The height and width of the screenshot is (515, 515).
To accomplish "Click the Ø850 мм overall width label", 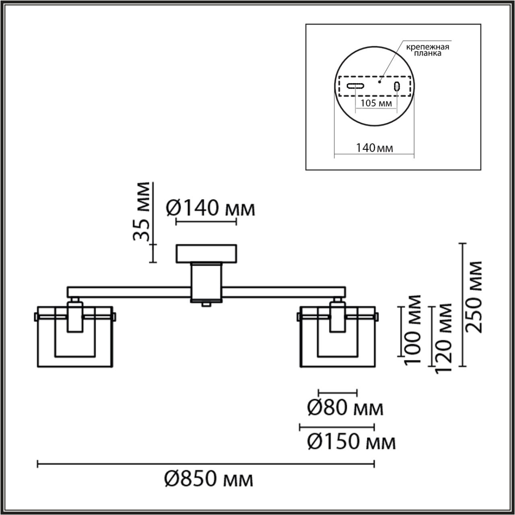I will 209,480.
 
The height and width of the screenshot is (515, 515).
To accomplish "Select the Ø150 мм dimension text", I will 351,443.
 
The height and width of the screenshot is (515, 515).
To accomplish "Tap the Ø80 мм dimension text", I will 345,409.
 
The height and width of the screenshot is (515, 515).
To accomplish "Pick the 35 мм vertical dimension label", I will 142,211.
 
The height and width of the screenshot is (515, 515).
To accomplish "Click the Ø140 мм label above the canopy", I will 210,209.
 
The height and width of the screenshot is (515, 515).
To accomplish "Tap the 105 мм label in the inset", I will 376,103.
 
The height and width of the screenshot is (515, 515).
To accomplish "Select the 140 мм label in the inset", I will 374,148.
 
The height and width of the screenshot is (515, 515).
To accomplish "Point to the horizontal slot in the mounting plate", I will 356,86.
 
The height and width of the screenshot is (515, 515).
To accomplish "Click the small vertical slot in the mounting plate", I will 397,86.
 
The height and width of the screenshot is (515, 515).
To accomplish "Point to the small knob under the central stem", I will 206,305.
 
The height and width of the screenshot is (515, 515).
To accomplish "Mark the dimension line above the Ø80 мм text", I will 337,391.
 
